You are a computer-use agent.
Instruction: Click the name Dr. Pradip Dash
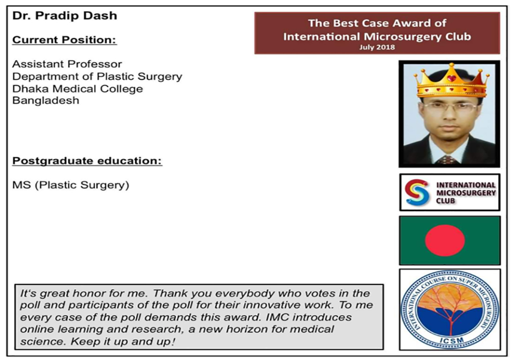(65, 16)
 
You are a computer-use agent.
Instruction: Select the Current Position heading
(65, 40)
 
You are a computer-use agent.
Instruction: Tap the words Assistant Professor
(67, 64)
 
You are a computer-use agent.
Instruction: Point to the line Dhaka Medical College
(78, 89)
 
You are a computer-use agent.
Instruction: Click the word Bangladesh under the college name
(46, 100)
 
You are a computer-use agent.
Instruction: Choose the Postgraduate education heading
(87, 161)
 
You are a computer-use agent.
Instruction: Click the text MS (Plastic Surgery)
(71, 185)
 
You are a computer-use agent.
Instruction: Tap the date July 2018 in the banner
(377, 47)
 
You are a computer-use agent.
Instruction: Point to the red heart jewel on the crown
(452, 78)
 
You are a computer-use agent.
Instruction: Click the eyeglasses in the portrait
(450, 106)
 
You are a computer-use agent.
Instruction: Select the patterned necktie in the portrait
(448, 159)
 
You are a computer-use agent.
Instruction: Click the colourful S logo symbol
(417, 192)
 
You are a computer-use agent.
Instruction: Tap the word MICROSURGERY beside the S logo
(466, 193)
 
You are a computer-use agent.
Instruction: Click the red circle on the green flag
(445, 240)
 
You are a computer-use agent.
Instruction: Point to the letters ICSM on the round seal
(451, 340)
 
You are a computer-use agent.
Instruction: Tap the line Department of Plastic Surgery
(97, 77)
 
